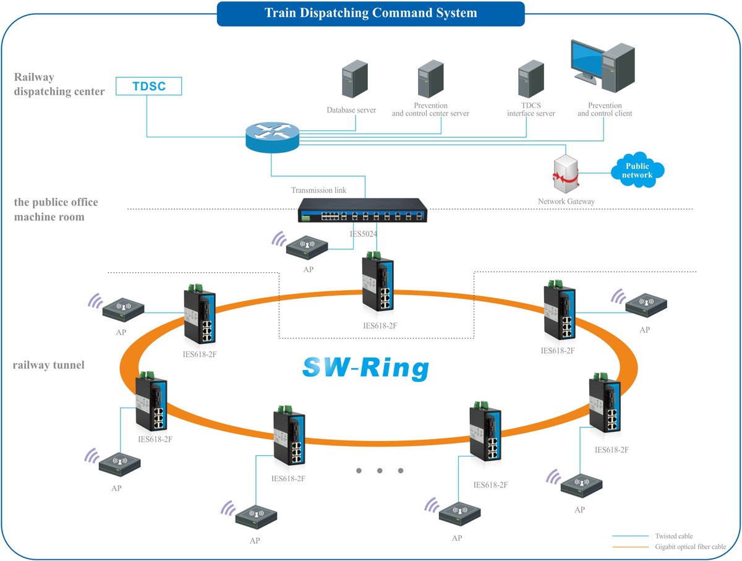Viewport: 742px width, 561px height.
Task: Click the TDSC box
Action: pos(149,86)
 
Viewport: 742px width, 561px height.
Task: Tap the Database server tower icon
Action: pos(355,79)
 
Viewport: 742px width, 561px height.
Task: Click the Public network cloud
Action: pos(637,170)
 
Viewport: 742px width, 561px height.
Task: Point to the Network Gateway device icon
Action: pos(566,174)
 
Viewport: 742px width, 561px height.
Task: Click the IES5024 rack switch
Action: pos(362,210)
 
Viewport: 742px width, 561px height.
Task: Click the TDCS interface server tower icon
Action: pos(531,79)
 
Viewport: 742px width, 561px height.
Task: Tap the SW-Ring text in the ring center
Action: pos(365,367)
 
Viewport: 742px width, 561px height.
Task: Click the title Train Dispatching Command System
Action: pos(370,13)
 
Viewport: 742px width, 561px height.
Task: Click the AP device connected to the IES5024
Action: pos(307,248)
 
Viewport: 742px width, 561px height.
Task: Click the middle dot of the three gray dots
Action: pos(379,471)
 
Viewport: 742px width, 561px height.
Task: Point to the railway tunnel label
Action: pos(48,365)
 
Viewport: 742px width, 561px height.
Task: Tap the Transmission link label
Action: pos(318,191)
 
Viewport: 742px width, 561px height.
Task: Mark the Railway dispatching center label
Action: pos(59,84)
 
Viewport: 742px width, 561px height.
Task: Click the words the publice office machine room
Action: pos(56,210)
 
